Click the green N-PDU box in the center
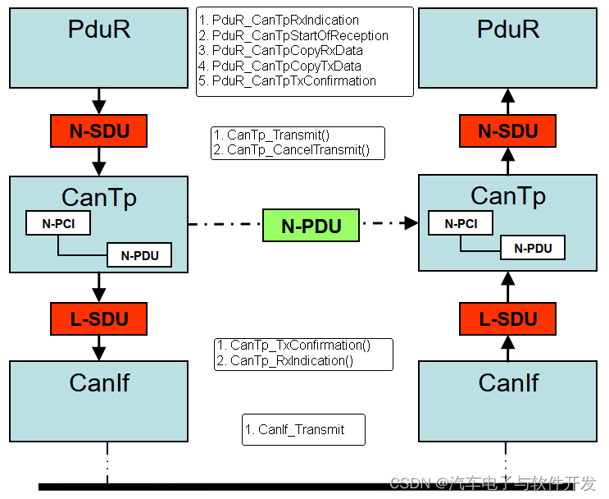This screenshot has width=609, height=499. tap(311, 226)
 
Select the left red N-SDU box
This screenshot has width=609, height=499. tap(98, 130)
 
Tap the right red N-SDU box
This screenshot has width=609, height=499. tap(507, 130)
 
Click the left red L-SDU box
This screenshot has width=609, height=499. tap(98, 318)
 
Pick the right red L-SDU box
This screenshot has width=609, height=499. tap(507, 318)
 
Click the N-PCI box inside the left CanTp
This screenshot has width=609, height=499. tap(57, 223)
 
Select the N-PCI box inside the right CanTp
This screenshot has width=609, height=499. tap(461, 223)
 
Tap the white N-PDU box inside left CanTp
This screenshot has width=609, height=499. tap(139, 255)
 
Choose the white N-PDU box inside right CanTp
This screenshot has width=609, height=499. tap(533, 248)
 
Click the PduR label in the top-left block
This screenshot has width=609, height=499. tap(99, 30)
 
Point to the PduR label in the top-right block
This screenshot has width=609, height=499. tap(508, 30)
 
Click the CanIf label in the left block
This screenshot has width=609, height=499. tap(99, 382)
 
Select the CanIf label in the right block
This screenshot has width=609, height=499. tap(508, 382)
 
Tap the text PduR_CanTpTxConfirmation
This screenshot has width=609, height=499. tap(293, 81)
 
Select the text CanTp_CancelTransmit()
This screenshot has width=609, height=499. tap(298, 150)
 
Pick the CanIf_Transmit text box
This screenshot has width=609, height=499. tap(303, 429)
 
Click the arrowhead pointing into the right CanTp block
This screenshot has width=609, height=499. tap(412, 222)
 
